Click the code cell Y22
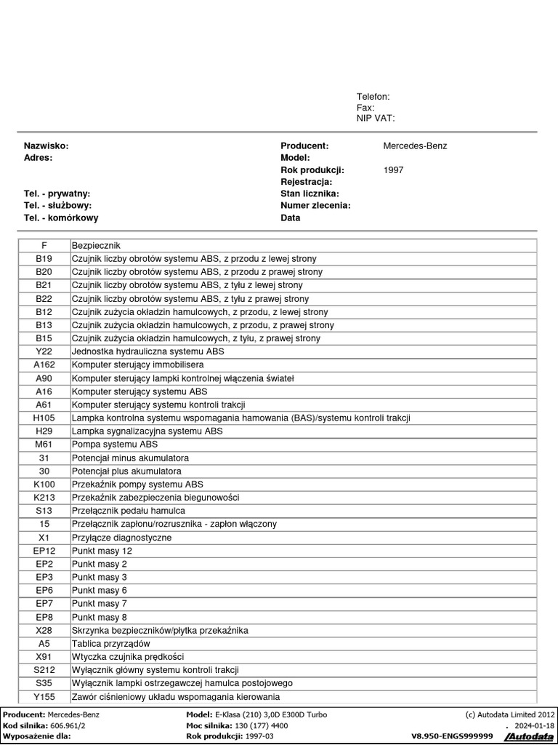pos(44,351)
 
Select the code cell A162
pos(44,364)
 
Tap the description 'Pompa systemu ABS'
pos(115,445)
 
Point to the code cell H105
pos(44,418)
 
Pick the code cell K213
pos(44,498)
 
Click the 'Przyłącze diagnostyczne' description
pos(122,538)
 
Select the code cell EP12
pos(44,551)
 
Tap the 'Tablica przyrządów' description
pos(111,644)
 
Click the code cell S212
pos(44,670)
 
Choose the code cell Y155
pos(44,697)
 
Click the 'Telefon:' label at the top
pos(373,97)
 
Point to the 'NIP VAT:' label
pos(376,118)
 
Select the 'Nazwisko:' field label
pos(46,146)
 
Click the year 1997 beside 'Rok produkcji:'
pos(393,170)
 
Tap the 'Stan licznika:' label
pos(310,194)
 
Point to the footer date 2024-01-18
pos(535,725)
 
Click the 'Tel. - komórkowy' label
pos(61,218)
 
